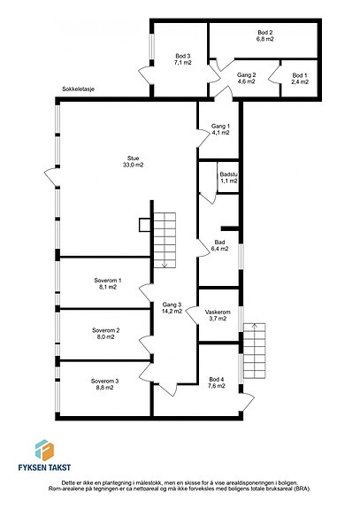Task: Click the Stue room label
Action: click(133, 158)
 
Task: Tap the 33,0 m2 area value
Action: click(133, 165)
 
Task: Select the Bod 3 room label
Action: click(183, 56)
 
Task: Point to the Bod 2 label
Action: click(265, 33)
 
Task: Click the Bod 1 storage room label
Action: click(300, 75)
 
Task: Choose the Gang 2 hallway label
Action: click(247, 75)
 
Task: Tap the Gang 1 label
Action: click(220, 126)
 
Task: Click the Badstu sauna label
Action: click(229, 174)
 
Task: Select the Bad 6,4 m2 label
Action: click(219, 246)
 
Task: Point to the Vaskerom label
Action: click(218, 312)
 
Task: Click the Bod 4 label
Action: click(217, 380)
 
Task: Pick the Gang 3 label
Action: click(172, 305)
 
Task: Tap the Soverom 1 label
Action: click(108, 281)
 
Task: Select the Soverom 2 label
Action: click(106, 330)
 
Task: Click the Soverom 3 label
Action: click(104, 382)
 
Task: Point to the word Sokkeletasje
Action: click(79, 89)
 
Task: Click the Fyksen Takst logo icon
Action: click(44, 450)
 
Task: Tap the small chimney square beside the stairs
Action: click(145, 225)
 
